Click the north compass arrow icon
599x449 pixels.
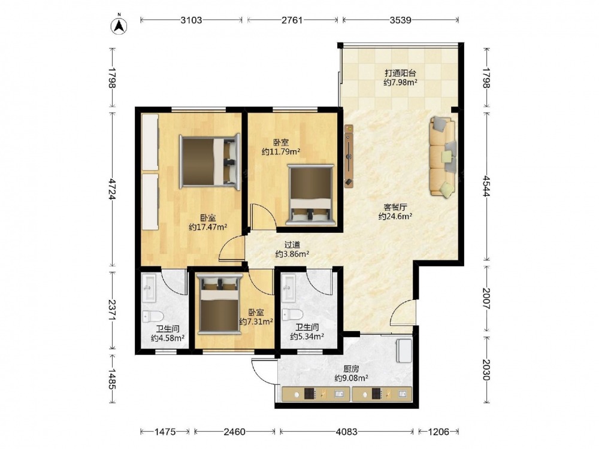(119, 25)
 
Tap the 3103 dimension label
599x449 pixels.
(191, 20)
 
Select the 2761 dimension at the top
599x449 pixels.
(292, 20)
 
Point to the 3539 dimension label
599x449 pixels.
(400, 20)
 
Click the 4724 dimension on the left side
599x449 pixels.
(112, 189)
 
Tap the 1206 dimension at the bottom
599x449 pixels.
(438, 432)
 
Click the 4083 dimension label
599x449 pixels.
(346, 432)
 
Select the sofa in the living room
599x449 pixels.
(443, 157)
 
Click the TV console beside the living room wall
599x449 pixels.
(349, 156)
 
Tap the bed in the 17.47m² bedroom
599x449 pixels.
(210, 161)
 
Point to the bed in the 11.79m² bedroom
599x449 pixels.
(311, 195)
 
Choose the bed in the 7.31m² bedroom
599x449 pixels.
(220, 304)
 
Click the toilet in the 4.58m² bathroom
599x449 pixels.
(153, 316)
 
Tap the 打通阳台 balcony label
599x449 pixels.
(400, 73)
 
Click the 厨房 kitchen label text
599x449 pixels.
(351, 369)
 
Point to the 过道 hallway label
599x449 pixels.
(292, 245)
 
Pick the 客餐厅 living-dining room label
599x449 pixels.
(395, 207)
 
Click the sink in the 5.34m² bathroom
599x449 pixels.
(289, 288)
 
